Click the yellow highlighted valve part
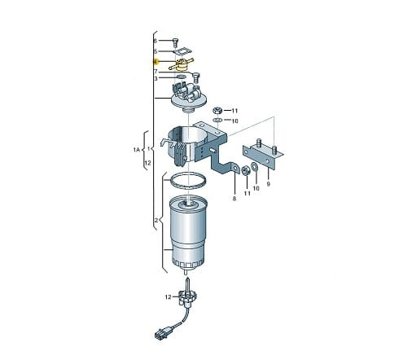pyautogui.click(x=182, y=64)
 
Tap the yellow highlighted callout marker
pyautogui.click(x=156, y=62)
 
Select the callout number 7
pyautogui.click(x=156, y=72)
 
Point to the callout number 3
pyautogui.click(x=156, y=79)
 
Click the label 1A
pyautogui.click(x=137, y=149)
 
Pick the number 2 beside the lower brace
pyautogui.click(x=156, y=220)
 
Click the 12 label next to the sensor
pyautogui.click(x=168, y=297)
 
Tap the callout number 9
pyautogui.click(x=269, y=184)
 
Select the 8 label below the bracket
pyautogui.click(x=234, y=199)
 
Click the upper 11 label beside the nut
pyautogui.click(x=234, y=111)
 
